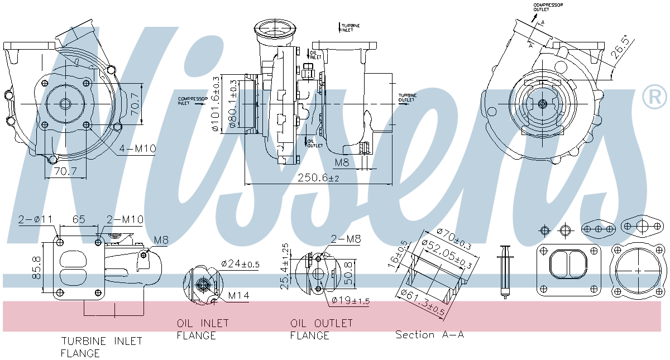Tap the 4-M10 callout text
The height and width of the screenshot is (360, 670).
(137, 148)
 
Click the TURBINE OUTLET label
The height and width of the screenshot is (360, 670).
(407, 98)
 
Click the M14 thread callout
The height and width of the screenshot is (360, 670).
(239, 295)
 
